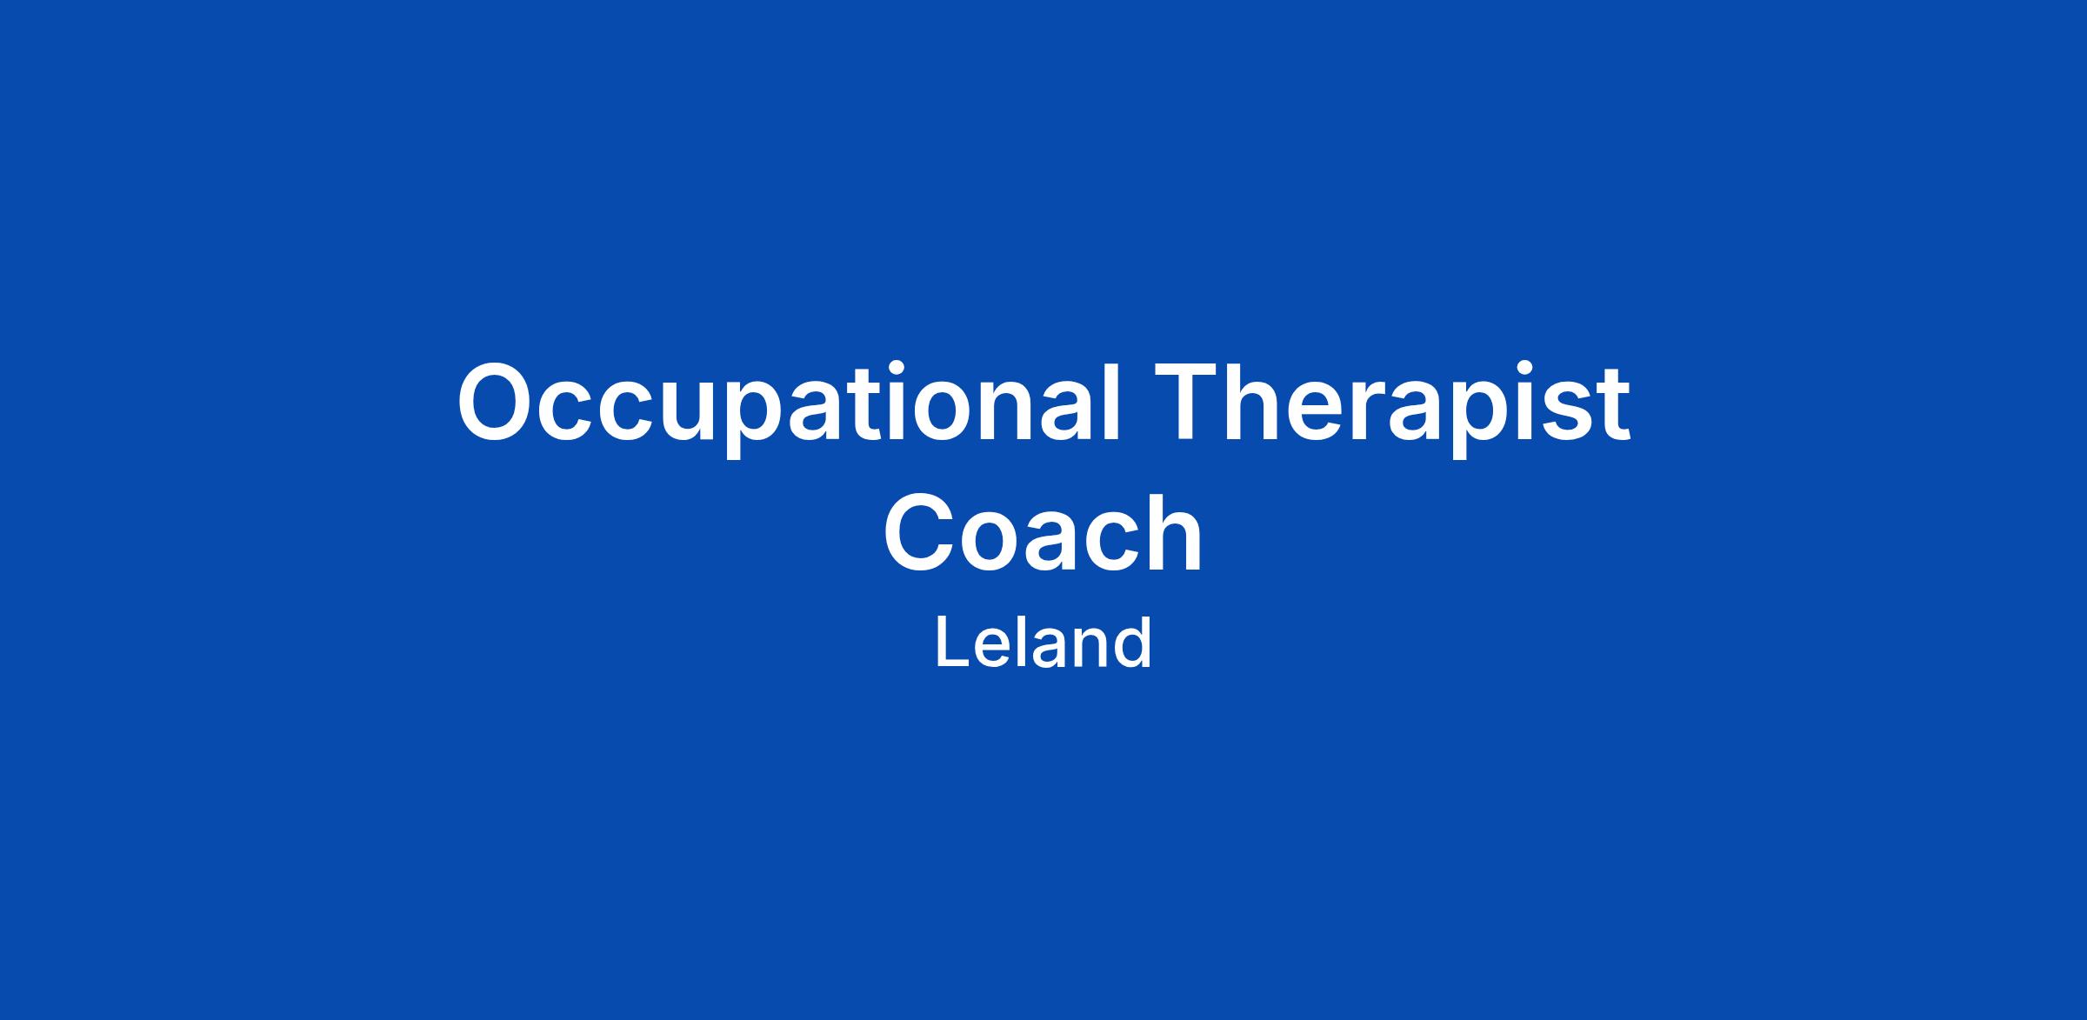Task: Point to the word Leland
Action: pos(1043,643)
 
